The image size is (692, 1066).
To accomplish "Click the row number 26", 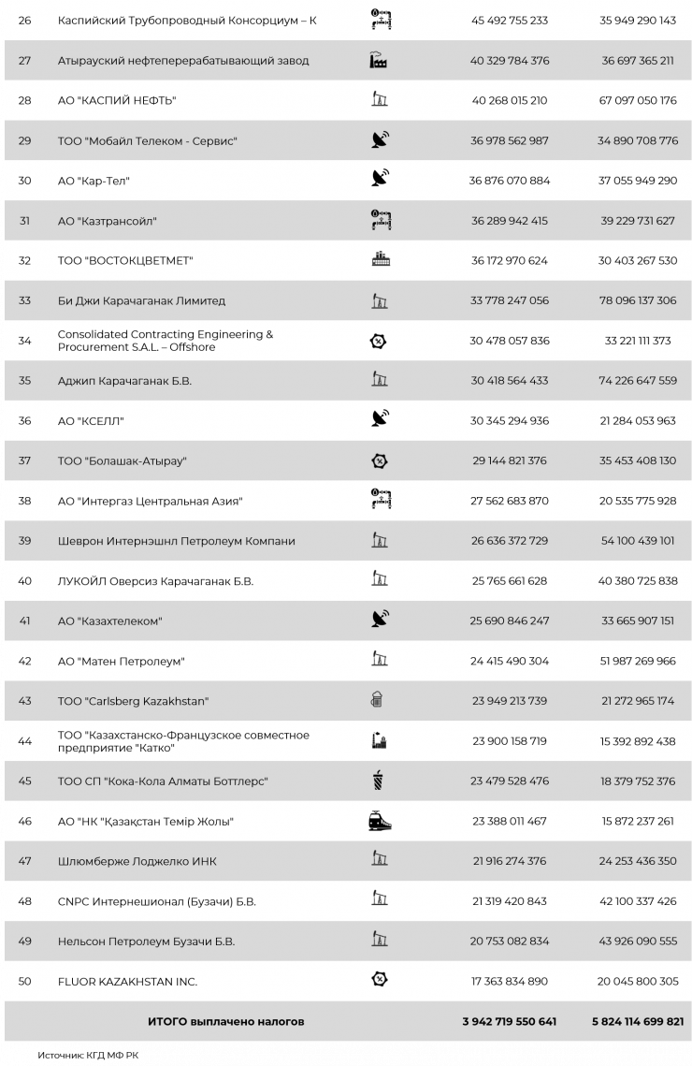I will tap(24, 21).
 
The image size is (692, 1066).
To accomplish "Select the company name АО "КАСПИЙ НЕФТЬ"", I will tap(117, 101).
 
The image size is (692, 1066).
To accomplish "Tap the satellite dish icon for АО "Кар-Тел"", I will tap(380, 181).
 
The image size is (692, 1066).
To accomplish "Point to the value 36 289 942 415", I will tap(510, 221).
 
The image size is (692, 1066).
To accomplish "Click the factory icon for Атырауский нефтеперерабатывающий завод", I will tap(379, 61).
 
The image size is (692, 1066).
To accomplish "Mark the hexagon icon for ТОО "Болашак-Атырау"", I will tap(379, 461).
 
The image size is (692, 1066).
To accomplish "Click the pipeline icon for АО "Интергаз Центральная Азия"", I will tap(380, 501).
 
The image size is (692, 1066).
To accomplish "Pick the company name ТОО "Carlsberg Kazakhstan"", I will tap(133, 701).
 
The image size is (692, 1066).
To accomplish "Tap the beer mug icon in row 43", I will tap(378, 701).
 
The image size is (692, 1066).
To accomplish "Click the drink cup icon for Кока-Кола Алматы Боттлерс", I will tap(379, 781).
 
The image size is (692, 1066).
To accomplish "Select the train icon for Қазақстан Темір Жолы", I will tap(380, 821).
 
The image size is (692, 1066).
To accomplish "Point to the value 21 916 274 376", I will tap(510, 861).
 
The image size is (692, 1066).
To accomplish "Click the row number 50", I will tap(24, 982).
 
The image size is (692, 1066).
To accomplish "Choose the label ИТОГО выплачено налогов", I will tap(225, 1022).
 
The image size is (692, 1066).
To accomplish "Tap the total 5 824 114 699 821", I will tap(638, 1022).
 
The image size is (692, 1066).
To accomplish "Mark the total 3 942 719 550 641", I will tap(510, 1022).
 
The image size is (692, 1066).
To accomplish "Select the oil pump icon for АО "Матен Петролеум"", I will tap(379, 661).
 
